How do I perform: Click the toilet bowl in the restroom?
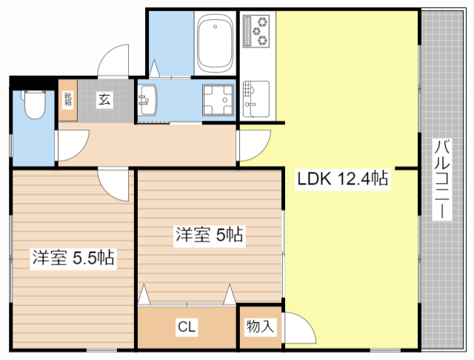coord(33,104)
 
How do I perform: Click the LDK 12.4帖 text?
coord(343,179)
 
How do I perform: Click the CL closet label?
coord(186,327)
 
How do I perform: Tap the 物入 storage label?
coord(260,326)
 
